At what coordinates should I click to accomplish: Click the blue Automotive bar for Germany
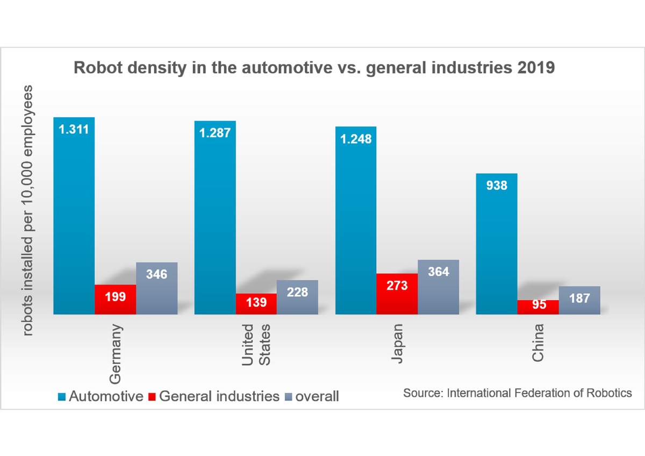coord(74,215)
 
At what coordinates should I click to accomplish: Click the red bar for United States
coord(256,304)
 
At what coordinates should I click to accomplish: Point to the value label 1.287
coord(215,133)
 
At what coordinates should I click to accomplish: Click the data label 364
coord(438,272)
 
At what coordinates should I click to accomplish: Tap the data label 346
coord(156,274)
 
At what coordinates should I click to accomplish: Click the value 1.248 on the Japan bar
coord(356,139)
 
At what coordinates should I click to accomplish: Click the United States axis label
coord(256,345)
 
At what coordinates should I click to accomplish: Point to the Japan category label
coord(397,343)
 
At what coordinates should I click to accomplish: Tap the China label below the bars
coord(538,342)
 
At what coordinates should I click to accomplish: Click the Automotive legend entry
coord(101,397)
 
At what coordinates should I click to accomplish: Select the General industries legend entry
coord(214,397)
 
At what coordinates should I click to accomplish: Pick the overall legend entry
coord(312,397)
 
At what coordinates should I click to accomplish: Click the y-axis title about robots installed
coord(28,210)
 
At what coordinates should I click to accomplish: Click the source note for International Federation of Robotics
coord(518,393)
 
